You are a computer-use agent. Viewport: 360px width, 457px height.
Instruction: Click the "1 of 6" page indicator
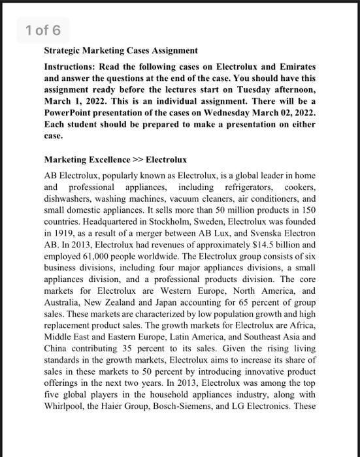(43, 29)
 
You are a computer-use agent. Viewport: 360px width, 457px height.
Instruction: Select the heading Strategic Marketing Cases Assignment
(121, 50)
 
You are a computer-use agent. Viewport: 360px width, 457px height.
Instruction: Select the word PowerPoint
(68, 114)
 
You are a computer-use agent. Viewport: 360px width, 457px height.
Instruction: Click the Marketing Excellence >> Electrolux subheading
(115, 159)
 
